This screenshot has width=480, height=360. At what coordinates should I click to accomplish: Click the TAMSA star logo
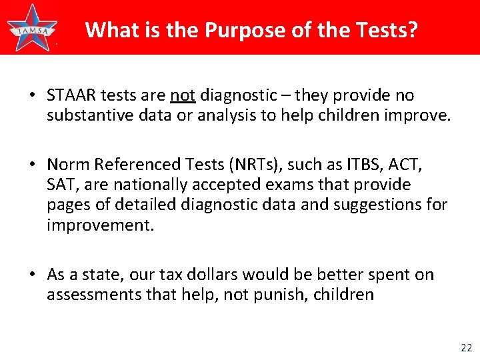pyautogui.click(x=31, y=27)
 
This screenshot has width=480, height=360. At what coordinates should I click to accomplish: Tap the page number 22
pyautogui.click(x=465, y=347)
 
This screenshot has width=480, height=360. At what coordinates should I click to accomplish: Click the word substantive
pyautogui.click(x=87, y=117)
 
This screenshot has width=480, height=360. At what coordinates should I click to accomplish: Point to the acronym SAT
pyautogui.click(x=59, y=185)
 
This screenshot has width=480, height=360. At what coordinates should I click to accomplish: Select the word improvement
pyautogui.click(x=100, y=225)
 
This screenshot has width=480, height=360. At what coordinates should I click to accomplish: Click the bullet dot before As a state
pyautogui.click(x=33, y=275)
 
